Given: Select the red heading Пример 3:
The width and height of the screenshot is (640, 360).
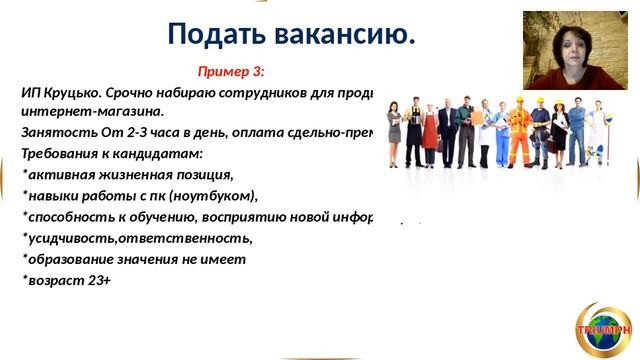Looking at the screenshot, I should [231, 72].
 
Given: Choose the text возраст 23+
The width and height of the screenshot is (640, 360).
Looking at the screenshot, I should [67, 281].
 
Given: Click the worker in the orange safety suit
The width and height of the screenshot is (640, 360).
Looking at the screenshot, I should [519, 134].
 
